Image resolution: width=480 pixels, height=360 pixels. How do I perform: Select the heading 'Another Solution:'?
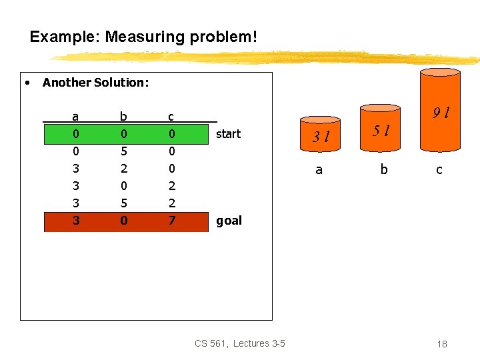pos(95,83)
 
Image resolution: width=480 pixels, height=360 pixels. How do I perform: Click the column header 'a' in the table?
pos(75,117)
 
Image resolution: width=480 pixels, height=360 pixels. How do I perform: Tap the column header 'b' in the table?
pos(123,117)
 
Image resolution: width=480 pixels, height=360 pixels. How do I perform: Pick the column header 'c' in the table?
pos(171,117)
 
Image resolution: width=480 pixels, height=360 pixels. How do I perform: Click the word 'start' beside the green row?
pos(228,134)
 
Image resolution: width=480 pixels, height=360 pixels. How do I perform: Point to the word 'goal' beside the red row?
pos(229,221)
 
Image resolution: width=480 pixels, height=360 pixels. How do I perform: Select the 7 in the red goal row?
pos(171,221)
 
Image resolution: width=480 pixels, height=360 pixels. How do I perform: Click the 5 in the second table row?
pos(123,151)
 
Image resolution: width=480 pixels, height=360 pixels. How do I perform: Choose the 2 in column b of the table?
pos(123,169)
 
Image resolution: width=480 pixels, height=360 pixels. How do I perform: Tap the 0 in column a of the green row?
pos(75,134)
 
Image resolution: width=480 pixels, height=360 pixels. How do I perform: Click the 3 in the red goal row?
pos(75,221)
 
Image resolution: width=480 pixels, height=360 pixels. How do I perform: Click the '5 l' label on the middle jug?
pos(381,131)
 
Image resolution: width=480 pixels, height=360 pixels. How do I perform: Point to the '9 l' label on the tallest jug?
pos(440,113)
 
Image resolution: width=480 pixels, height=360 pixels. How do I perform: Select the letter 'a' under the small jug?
pos(319,170)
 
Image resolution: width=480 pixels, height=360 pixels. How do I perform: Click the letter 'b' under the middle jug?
pos(383,170)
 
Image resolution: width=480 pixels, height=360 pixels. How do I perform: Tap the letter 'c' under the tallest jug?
pos(439,170)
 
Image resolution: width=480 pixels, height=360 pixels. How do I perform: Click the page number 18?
pos(441,344)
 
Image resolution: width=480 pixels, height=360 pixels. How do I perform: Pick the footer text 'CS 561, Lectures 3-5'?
pos(240,343)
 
